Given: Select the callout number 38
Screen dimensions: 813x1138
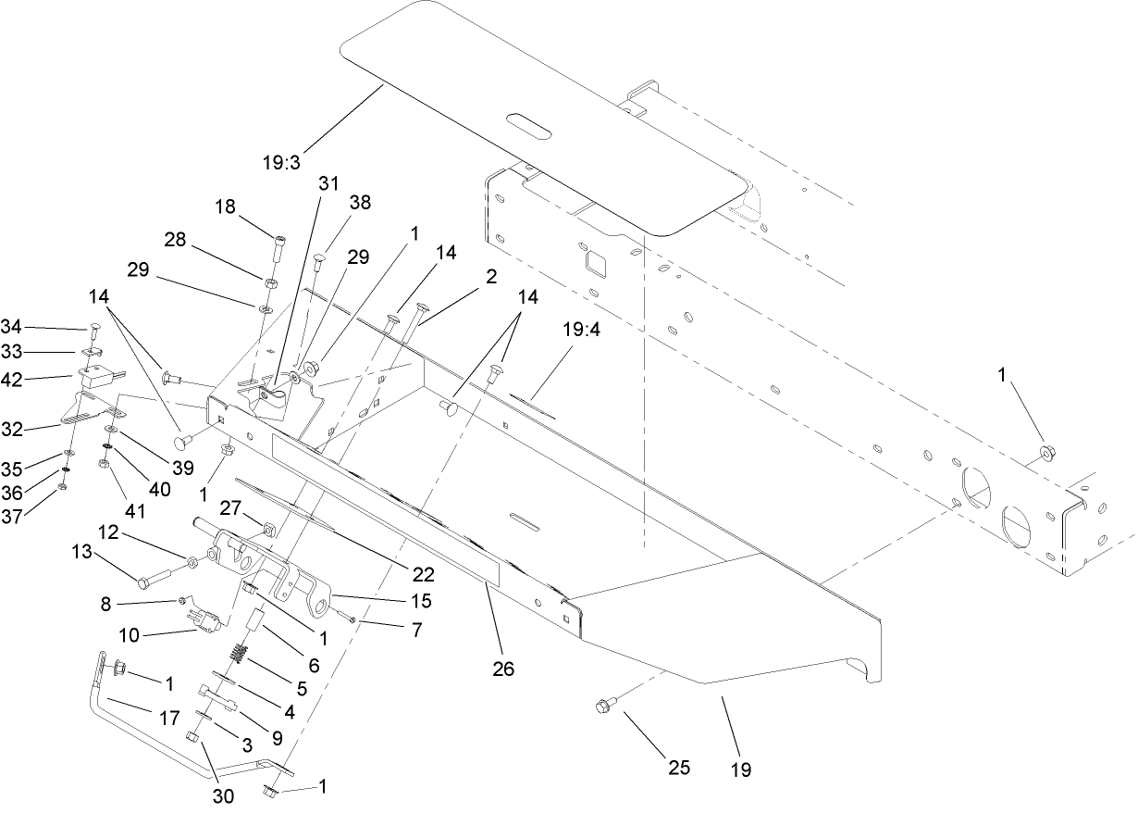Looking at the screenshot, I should click(x=359, y=201).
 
